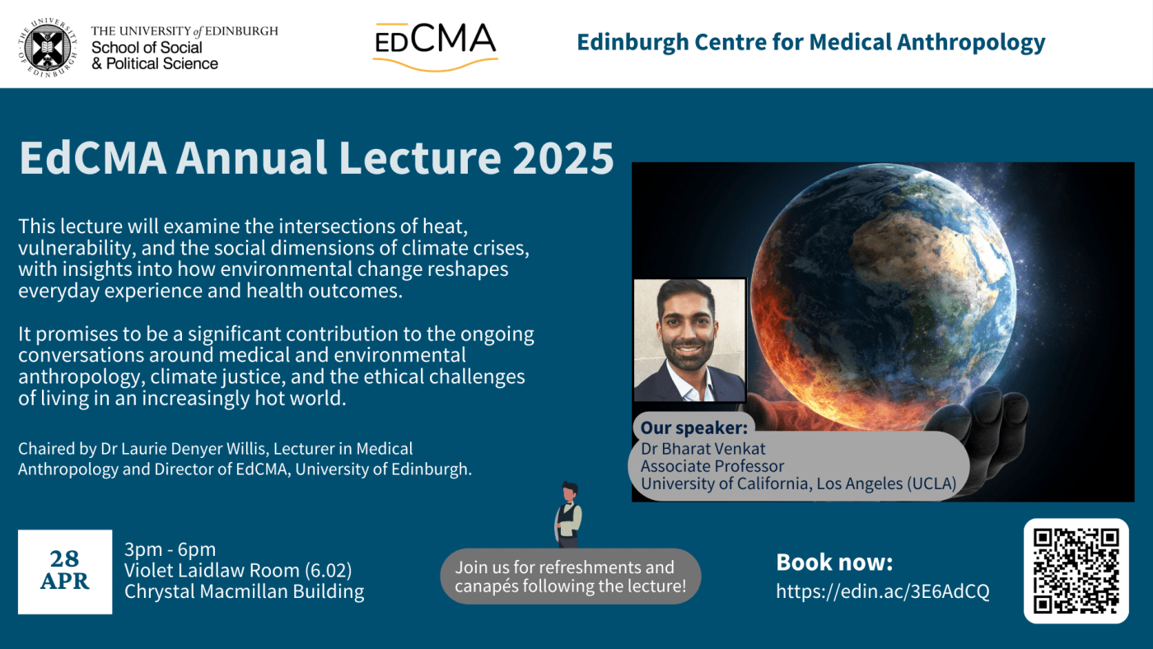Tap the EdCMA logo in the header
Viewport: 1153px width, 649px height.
(435, 45)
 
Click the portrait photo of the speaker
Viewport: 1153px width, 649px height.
(689, 340)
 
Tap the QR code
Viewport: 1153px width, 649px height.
(1076, 571)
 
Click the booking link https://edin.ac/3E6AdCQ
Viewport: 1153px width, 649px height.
(883, 591)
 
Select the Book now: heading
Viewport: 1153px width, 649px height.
(834, 563)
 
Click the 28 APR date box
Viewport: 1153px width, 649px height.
(65, 571)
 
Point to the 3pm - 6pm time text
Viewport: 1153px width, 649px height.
(170, 549)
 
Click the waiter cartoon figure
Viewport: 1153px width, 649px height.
(567, 515)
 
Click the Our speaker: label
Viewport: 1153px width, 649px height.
(693, 428)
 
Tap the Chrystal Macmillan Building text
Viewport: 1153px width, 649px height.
(244, 591)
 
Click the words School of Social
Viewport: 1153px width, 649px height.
(147, 48)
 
